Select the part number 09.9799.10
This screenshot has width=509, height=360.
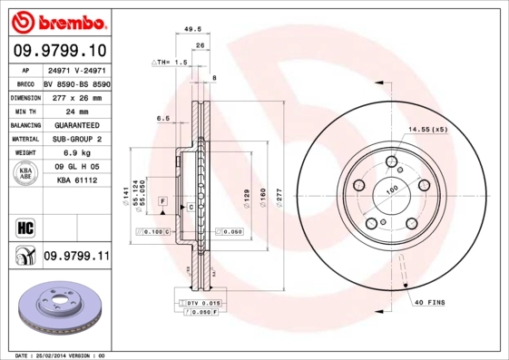tap(59, 51)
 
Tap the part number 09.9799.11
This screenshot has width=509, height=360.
tap(76, 258)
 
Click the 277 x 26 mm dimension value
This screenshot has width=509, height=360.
tap(76, 96)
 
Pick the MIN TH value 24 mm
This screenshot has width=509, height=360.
tap(76, 110)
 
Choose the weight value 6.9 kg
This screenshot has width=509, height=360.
tap(76, 153)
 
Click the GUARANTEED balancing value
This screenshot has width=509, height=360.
tap(76, 124)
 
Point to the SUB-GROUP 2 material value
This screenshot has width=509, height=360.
tap(76, 139)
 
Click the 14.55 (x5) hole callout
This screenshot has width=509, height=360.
tap(428, 130)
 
